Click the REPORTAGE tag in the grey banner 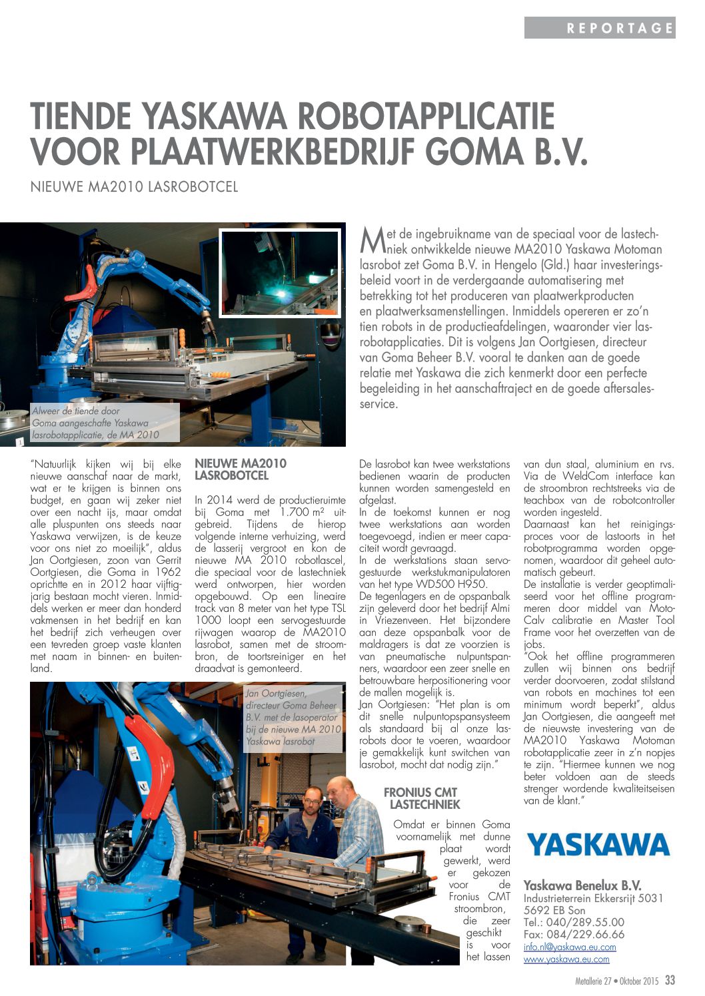pos(620,28)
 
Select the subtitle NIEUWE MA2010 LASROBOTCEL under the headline pos(134,187)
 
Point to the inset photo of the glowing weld pos(280,274)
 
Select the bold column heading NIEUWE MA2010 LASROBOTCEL pos(240,469)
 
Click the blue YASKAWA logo pos(598,844)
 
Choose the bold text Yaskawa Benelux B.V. pos(582,885)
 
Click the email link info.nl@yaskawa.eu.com pos(570,947)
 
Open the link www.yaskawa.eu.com pos(566,959)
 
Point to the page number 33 pos(670,981)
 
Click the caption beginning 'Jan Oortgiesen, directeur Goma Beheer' pos(293,718)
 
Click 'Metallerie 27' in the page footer pos(593,982)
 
